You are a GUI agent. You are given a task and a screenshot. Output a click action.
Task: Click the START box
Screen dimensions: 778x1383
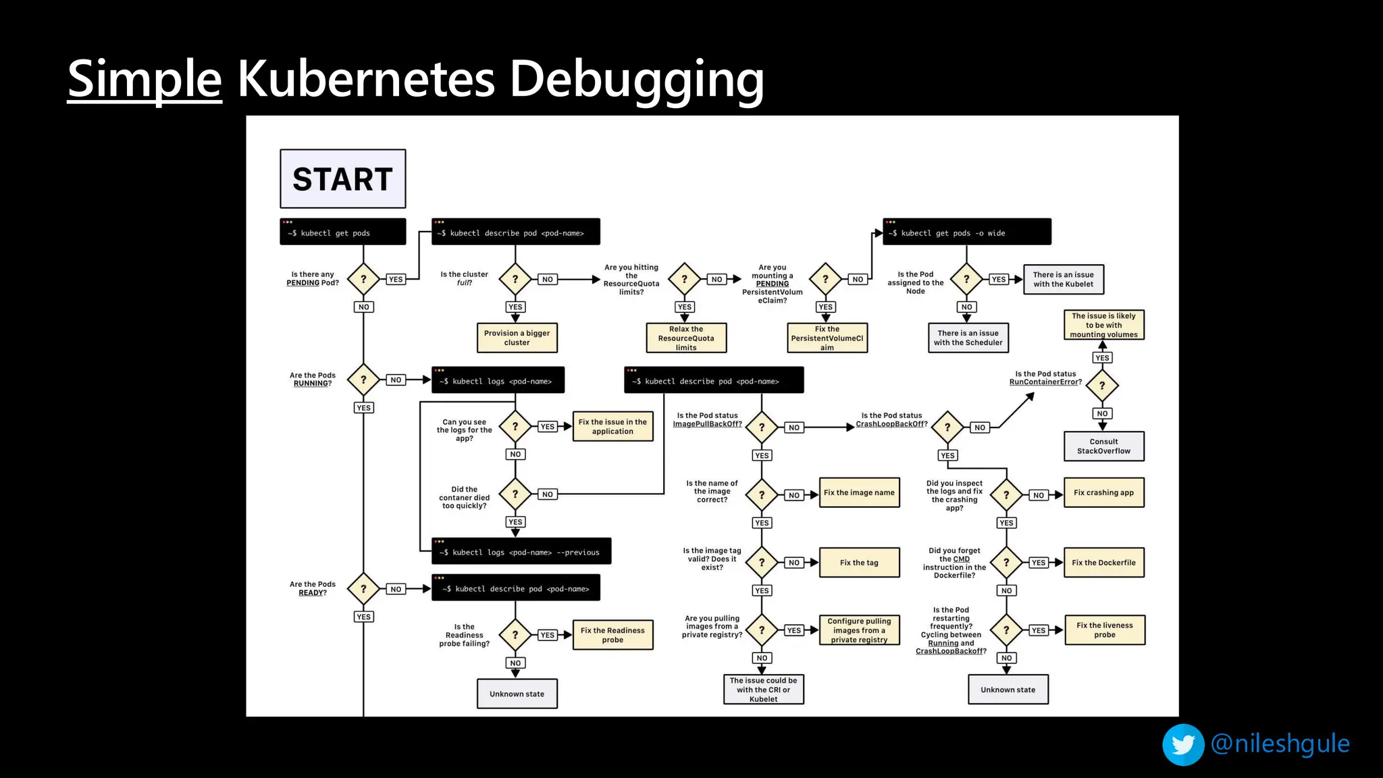tap(342, 179)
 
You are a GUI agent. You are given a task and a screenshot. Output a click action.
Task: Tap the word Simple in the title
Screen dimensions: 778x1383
tap(145, 79)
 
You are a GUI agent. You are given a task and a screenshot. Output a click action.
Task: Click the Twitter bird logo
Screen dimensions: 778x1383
tap(1182, 744)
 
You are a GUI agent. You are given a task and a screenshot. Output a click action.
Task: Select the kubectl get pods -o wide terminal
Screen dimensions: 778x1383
tap(966, 232)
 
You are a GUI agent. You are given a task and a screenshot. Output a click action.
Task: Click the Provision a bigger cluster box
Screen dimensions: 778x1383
tap(517, 338)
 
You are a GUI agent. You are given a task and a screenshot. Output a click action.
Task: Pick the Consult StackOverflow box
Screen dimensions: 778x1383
tap(1103, 446)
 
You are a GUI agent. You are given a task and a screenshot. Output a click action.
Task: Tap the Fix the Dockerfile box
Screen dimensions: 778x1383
tap(1103, 563)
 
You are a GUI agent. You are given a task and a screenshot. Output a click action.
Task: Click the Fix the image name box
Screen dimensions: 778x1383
tap(859, 493)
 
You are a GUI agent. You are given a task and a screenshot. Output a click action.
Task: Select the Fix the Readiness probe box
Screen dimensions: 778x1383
tap(612, 635)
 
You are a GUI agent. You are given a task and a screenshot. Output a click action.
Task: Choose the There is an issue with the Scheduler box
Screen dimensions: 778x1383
tap(968, 338)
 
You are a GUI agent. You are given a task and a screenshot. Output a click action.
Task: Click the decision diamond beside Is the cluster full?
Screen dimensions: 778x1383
tap(515, 279)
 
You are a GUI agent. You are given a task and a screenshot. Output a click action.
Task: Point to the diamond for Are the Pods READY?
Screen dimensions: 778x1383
tap(363, 589)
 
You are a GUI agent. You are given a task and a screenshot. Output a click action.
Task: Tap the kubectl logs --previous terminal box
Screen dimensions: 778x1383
tap(521, 551)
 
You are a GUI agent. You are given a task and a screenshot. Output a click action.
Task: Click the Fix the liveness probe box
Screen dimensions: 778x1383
tap(1104, 630)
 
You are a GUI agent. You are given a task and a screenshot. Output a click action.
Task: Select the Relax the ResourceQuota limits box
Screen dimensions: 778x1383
tap(685, 338)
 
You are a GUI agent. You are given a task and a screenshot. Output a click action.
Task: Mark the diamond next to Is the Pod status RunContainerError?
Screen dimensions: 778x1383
tap(1102, 386)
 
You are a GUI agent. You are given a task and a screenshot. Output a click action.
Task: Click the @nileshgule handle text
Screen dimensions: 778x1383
tap(1280, 744)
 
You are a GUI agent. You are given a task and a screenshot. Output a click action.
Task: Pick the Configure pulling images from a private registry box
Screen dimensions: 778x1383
tap(859, 630)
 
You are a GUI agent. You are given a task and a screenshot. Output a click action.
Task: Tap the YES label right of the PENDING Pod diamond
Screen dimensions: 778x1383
tap(396, 279)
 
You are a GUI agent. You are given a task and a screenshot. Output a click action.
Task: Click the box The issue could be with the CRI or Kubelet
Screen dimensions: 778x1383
tap(763, 690)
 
